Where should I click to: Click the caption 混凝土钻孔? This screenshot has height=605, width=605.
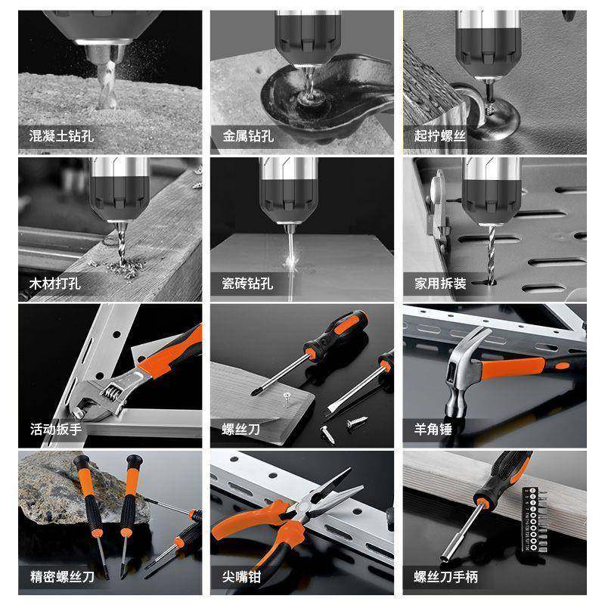pos(61,137)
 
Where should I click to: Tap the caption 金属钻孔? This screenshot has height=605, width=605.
pos(248,137)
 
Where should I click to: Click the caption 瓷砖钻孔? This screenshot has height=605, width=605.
pos(248,284)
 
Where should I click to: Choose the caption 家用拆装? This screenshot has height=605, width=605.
pos(439,284)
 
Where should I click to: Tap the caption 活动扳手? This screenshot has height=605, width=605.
pos(55,429)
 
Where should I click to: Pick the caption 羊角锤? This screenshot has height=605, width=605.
pos(433,429)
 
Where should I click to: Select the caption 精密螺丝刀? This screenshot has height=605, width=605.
pos(61,578)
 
